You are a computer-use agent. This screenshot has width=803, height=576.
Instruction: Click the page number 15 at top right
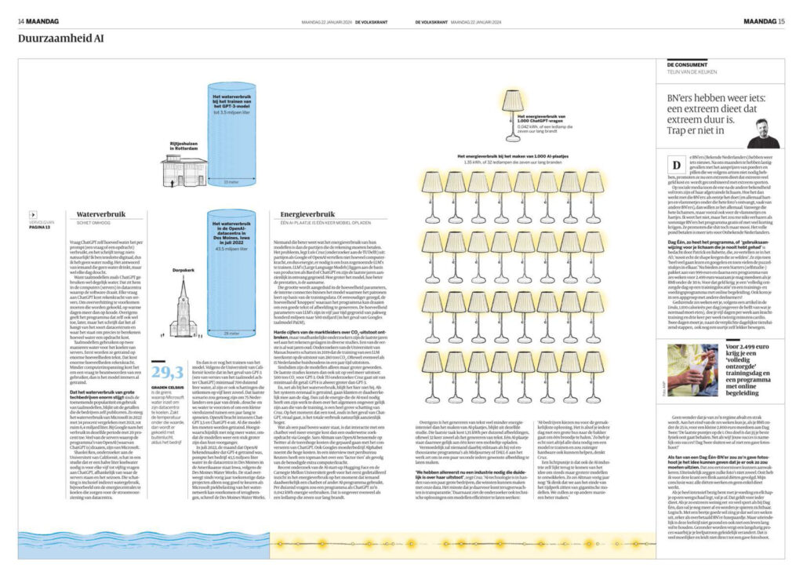(781, 20)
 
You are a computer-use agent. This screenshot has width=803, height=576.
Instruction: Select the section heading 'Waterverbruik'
(100, 213)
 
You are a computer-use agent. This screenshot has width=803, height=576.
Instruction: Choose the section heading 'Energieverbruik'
(295, 213)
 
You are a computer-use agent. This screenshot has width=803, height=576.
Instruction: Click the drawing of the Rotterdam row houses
(183, 167)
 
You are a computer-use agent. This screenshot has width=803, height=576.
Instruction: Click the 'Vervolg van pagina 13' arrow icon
(32, 214)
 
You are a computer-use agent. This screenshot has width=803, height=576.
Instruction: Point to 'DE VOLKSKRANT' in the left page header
(371, 20)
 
